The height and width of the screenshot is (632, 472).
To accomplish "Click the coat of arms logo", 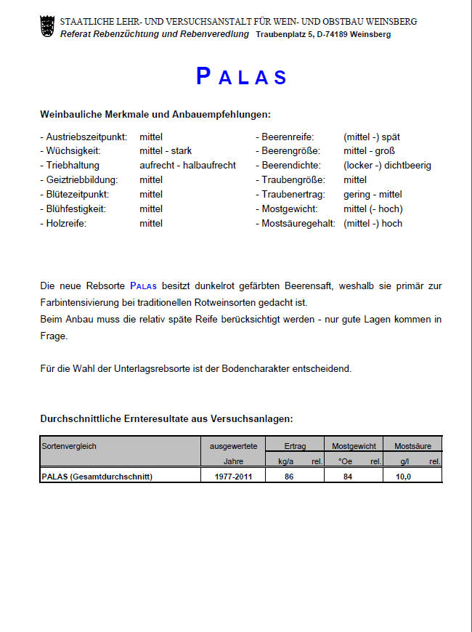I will (x=47, y=27).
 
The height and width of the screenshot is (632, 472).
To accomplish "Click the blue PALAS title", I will (x=242, y=77).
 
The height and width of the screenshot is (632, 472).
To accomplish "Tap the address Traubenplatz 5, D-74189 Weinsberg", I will (x=323, y=34).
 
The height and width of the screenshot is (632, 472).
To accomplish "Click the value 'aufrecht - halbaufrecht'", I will (x=187, y=166).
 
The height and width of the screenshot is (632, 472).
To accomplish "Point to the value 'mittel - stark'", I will (x=166, y=151).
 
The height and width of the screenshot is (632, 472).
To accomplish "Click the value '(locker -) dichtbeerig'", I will (x=387, y=166).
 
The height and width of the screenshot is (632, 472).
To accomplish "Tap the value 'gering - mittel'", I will (x=373, y=195).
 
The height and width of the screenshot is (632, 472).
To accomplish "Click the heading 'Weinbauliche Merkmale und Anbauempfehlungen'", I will (x=155, y=115).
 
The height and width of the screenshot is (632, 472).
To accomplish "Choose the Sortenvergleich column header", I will (x=69, y=445).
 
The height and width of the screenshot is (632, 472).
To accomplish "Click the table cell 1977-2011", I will (x=233, y=477).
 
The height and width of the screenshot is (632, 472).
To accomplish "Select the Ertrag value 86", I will (x=288, y=477).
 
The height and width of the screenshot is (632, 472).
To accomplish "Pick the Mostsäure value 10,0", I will (x=403, y=477).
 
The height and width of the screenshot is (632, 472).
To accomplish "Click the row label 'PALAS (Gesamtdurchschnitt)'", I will (x=98, y=477).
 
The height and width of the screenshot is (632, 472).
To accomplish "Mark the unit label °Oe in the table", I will (x=344, y=461).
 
